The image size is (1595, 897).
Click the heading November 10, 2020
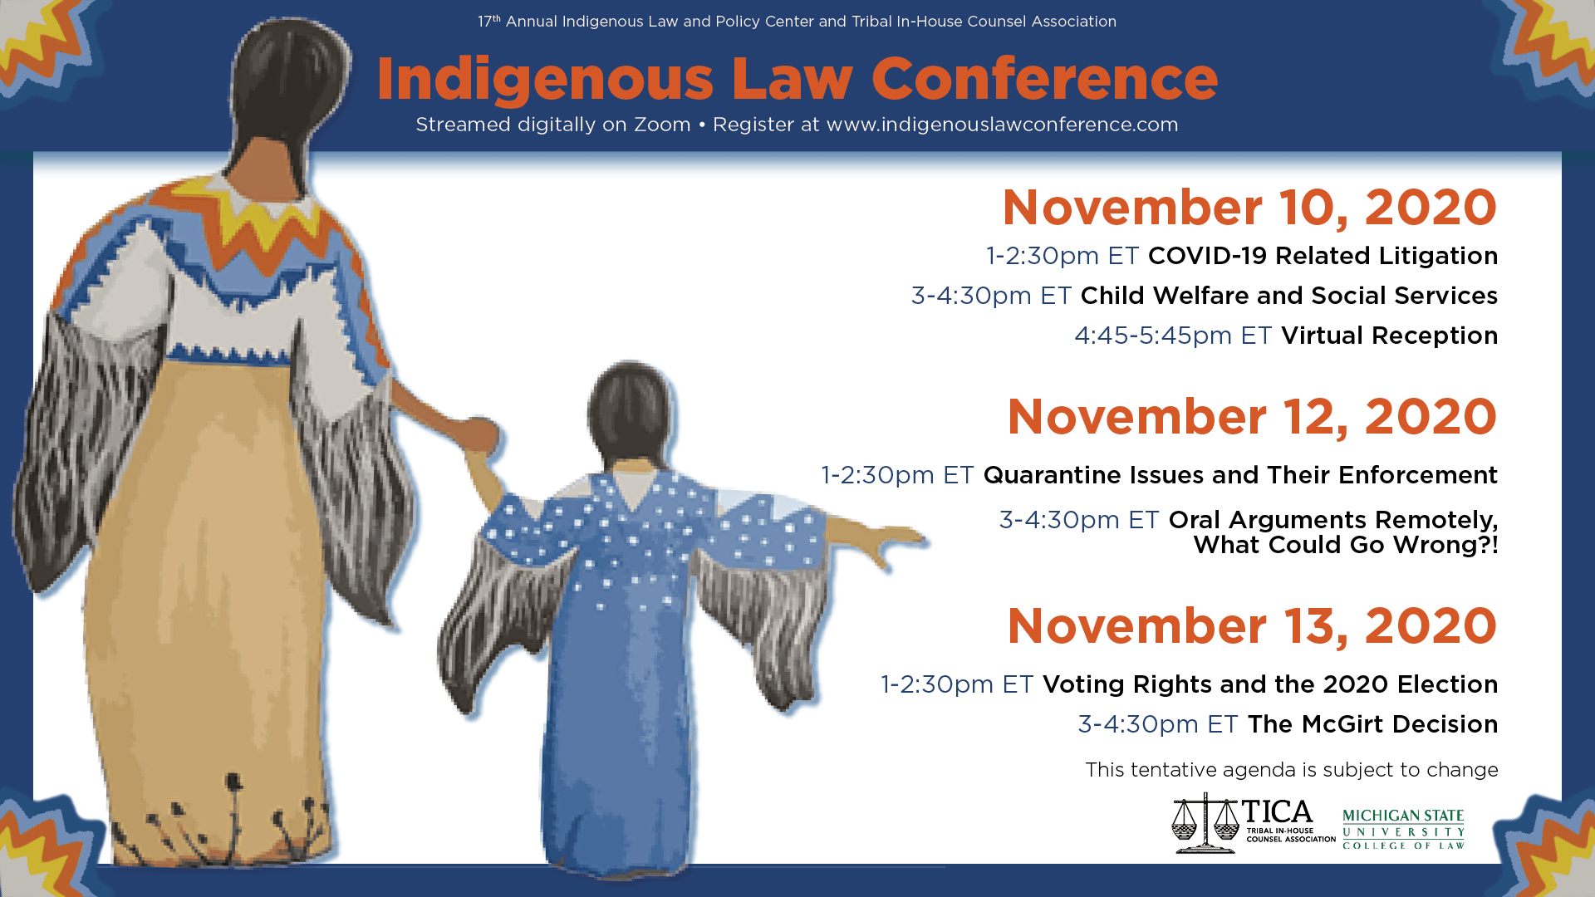click(x=1249, y=208)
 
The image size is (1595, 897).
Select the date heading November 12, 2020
click(x=1252, y=417)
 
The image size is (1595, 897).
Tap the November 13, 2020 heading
click(x=1252, y=626)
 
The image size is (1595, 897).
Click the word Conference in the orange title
click(x=1044, y=79)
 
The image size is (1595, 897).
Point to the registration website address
click(x=1002, y=125)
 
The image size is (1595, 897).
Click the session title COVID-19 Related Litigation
click(x=1323, y=256)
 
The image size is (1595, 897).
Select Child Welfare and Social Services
click(x=1288, y=296)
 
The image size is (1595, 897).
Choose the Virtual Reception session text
click(x=1389, y=336)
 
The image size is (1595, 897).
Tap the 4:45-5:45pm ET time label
click(x=1173, y=336)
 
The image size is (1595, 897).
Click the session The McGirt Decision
click(x=1372, y=724)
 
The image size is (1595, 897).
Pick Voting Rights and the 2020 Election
click(x=1270, y=684)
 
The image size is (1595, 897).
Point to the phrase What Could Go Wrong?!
click(x=1346, y=545)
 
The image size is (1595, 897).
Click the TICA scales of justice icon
click(x=1205, y=823)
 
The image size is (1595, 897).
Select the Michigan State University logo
click(x=1403, y=828)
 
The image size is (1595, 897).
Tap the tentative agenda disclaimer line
click(x=1292, y=770)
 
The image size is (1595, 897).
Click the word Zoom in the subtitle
click(x=662, y=125)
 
